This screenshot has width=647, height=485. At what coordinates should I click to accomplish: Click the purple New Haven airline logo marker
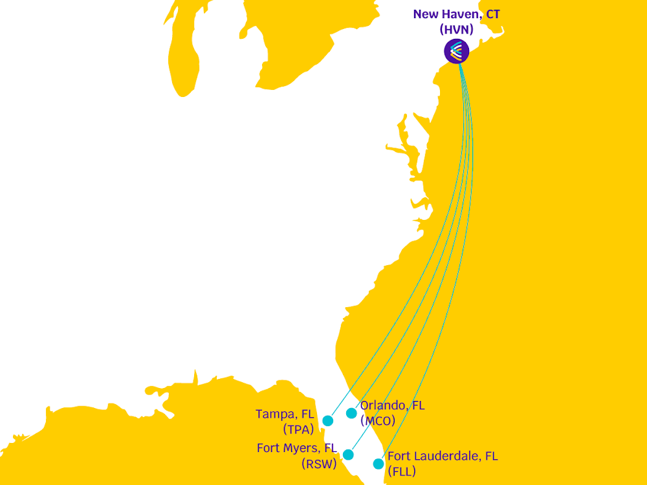click(x=457, y=51)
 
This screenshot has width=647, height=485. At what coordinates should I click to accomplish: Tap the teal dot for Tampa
click(x=328, y=421)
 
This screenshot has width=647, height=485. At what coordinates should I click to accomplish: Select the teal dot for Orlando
click(x=351, y=413)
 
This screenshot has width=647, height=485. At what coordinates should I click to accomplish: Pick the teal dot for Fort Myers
click(x=349, y=455)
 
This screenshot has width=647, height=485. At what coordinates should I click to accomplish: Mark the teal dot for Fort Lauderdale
click(x=378, y=464)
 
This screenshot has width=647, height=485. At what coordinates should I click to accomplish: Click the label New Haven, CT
click(x=456, y=14)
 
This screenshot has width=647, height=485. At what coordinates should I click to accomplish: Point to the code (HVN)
click(x=457, y=29)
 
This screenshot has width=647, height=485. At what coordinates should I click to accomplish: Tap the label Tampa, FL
click(x=285, y=414)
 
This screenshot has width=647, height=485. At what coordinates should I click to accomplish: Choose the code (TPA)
click(x=298, y=429)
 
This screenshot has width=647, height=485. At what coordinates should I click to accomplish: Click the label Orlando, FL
click(x=393, y=405)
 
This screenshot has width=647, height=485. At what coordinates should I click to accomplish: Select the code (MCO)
click(x=378, y=420)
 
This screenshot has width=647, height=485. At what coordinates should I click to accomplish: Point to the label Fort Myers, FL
click(x=297, y=447)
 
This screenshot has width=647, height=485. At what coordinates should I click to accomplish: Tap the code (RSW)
click(x=319, y=463)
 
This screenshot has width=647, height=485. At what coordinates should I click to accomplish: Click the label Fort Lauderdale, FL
click(x=443, y=456)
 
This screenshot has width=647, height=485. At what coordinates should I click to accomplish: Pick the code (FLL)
click(x=401, y=471)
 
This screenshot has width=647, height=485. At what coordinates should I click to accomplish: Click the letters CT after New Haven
click(x=492, y=14)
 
